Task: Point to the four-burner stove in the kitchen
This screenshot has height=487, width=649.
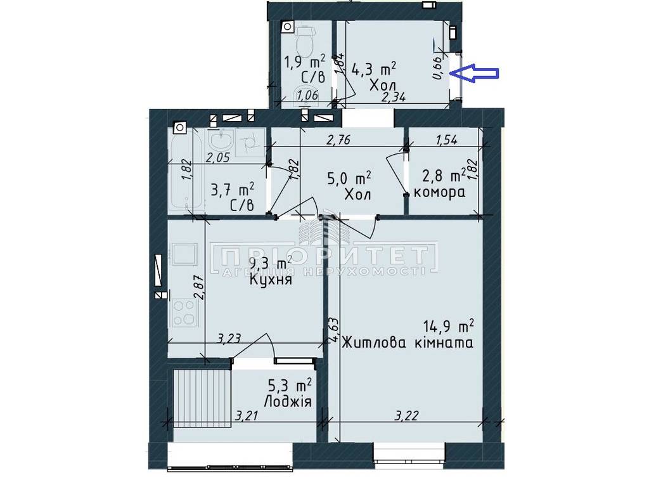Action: (184, 313)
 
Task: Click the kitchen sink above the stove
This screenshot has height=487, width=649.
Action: (184, 254)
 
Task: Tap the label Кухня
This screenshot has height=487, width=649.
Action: (271, 280)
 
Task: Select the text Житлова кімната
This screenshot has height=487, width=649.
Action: (408, 343)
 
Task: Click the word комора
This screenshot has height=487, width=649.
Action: (439, 192)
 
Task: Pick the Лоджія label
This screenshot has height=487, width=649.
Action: (287, 401)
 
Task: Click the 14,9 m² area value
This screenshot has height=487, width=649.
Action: (449, 327)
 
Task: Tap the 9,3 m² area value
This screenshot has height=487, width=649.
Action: (271, 263)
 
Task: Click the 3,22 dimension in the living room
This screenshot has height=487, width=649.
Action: (406, 415)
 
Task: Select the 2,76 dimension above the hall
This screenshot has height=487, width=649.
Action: (338, 140)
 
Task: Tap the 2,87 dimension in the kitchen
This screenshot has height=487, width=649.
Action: (199, 288)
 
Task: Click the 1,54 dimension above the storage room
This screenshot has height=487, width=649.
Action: (446, 140)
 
